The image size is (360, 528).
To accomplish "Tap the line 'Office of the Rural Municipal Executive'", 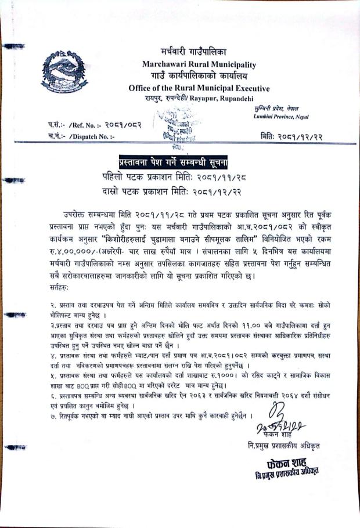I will [199, 88].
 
